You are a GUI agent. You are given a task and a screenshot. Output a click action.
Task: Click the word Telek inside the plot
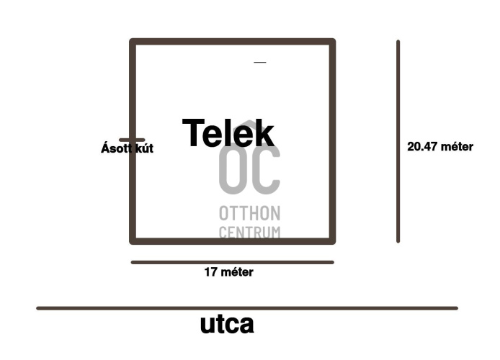point(228,133)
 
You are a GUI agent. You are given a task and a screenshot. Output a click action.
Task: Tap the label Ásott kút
point(127,149)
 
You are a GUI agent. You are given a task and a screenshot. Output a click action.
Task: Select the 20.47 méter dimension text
point(439,147)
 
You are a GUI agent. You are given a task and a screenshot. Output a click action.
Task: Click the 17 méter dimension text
point(228,272)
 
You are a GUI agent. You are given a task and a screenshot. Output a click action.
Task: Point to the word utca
point(227,324)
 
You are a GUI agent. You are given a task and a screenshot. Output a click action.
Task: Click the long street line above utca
point(247,308)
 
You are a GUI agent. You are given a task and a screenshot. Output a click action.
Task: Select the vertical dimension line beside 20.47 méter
point(398,141)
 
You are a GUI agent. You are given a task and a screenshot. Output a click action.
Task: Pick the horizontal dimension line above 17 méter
point(232,262)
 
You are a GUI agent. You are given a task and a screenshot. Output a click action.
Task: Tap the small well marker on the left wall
point(132,140)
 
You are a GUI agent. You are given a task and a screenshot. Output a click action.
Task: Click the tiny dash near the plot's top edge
point(260,63)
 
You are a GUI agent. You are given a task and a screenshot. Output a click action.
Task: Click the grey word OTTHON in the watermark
point(249,214)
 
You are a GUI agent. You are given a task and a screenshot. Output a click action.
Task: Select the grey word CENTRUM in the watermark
point(249,232)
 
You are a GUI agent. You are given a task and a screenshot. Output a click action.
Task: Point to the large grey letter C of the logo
point(265,171)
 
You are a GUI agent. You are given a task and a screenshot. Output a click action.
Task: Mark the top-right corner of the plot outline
point(332,42)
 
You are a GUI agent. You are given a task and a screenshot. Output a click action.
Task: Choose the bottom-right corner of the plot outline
point(332,240)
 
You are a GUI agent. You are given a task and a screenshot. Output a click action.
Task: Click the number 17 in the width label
point(211,272)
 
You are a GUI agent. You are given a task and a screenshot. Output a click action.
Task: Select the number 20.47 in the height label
point(422,147)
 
